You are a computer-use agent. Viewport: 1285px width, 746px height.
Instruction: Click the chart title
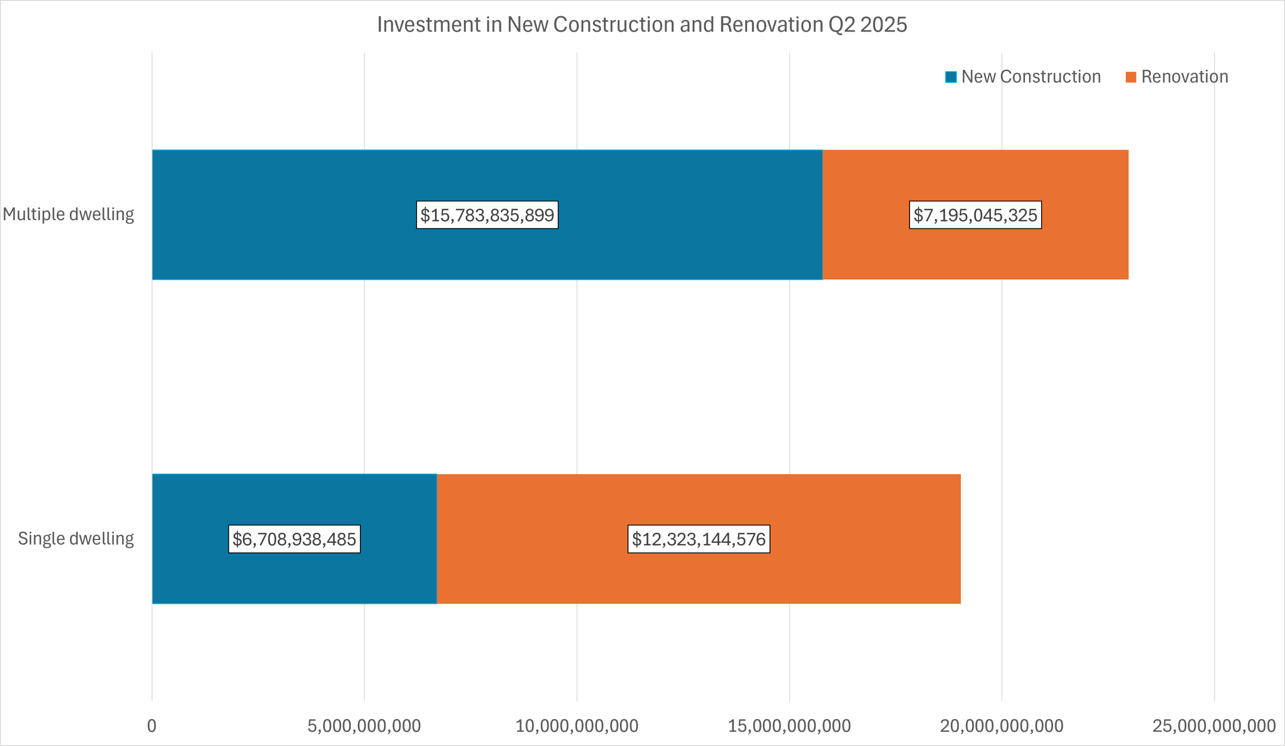point(642,25)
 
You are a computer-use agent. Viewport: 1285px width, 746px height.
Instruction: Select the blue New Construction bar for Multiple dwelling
point(487,215)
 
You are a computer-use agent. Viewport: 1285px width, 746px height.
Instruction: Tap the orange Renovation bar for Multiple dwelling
point(975,215)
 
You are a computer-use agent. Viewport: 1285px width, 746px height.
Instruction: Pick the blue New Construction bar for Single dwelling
point(294,539)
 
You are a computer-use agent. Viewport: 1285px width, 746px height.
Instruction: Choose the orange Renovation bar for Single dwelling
point(699,539)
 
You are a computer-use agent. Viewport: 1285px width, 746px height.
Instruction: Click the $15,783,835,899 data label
point(487,215)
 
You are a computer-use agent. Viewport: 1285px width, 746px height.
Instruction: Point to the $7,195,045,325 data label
point(975,215)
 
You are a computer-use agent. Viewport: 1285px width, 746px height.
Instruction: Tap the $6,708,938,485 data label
point(294,539)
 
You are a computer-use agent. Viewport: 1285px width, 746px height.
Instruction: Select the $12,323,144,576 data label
point(699,539)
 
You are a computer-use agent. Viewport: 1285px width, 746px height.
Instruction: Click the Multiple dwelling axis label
point(68,215)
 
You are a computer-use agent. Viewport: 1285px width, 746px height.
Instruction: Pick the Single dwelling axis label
point(76,539)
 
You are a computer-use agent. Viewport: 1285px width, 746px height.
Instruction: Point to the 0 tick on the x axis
point(152,725)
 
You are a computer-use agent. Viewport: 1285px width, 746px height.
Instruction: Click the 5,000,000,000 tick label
point(364,725)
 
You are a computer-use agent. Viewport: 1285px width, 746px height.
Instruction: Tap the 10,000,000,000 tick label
point(577,725)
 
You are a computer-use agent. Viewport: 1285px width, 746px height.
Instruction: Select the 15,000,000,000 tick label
point(790,725)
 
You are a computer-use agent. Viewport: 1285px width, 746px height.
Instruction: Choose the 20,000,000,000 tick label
point(1001,725)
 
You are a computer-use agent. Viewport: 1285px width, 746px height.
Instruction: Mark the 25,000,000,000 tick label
point(1214,725)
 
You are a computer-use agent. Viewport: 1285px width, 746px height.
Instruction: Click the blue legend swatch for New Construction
point(951,77)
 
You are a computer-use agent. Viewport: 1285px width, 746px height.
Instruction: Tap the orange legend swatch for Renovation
point(1130,77)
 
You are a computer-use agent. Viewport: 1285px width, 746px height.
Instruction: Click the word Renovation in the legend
point(1185,76)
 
